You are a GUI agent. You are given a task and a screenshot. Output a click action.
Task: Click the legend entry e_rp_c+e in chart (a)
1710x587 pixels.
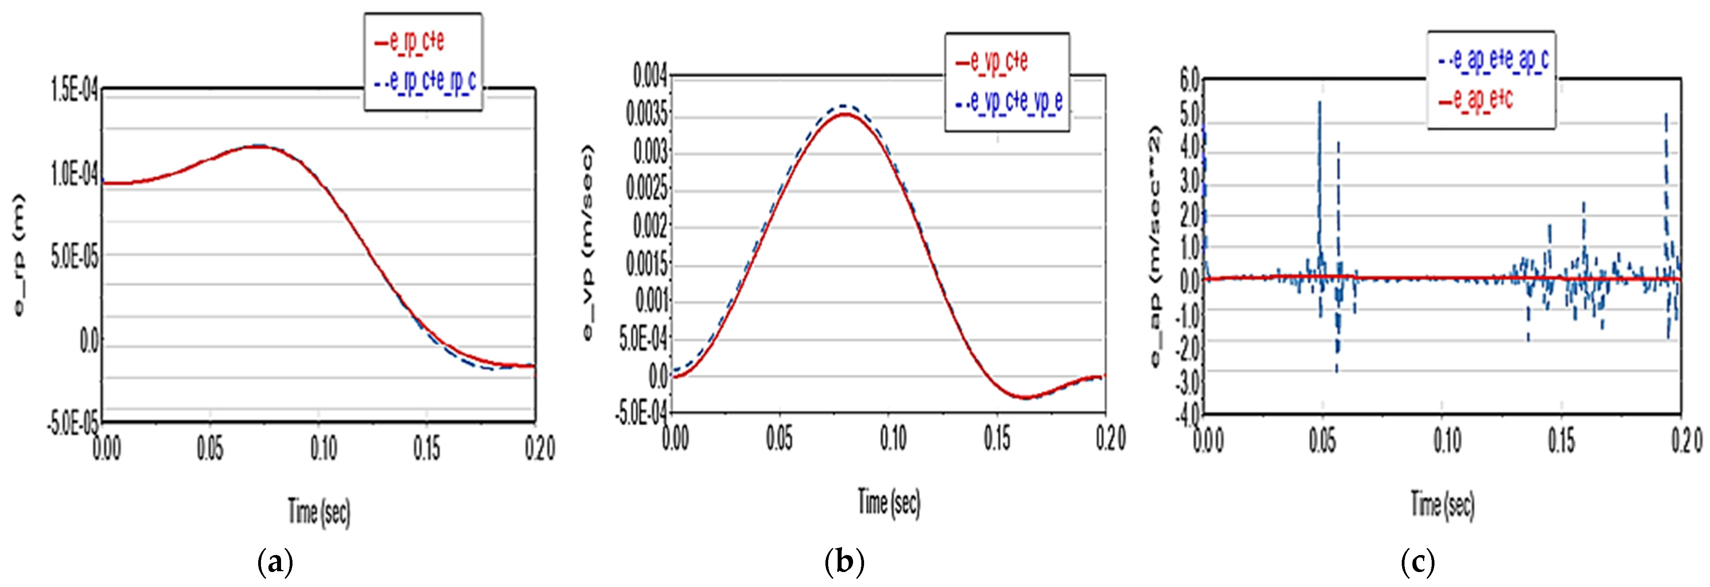click(x=417, y=41)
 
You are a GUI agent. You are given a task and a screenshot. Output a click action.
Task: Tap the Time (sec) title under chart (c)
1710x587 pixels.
click(x=1442, y=505)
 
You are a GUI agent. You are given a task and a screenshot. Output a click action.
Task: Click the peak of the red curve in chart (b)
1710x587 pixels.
click(x=844, y=114)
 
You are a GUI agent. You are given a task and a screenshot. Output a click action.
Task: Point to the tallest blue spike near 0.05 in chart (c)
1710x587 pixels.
click(x=1320, y=103)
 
